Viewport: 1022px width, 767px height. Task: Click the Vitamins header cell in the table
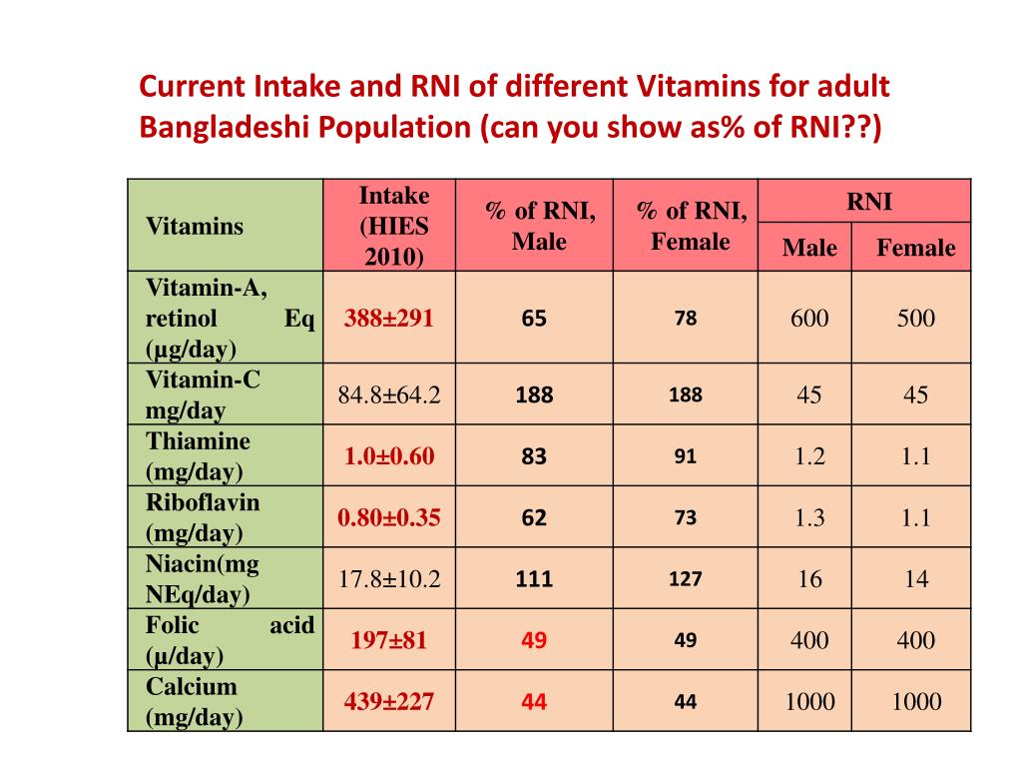[195, 226]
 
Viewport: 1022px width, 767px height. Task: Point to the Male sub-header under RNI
[809, 248]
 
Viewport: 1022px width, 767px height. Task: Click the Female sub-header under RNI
[915, 248]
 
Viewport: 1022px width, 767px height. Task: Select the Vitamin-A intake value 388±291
[389, 319]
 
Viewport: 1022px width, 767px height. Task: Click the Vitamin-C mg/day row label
[203, 394]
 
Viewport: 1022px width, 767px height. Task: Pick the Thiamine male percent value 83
[534, 456]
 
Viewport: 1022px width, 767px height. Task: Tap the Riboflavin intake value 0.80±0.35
[389, 517]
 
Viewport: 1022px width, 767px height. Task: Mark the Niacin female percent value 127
[685, 578]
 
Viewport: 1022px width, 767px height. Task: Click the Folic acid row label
[230, 640]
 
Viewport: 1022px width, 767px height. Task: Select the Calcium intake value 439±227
[389, 701]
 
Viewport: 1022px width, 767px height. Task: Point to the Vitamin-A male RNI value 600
[809, 319]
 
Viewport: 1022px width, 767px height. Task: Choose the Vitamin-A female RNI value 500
[915, 319]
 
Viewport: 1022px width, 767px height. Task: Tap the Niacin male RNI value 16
[809, 578]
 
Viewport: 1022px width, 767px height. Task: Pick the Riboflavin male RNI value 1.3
[809, 517]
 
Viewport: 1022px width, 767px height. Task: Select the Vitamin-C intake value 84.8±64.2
[389, 394]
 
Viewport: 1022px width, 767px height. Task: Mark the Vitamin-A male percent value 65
[534, 319]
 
